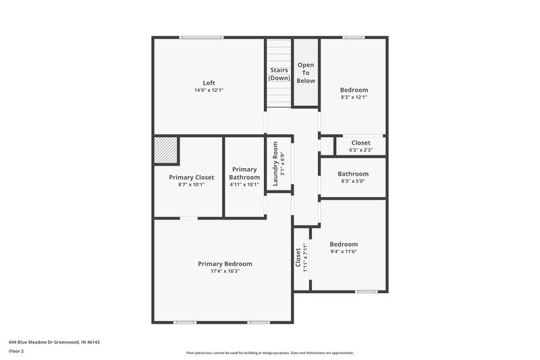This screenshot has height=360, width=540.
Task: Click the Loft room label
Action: point(209,83)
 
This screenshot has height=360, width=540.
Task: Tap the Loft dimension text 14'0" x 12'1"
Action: point(209,90)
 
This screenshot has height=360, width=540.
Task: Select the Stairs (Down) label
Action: point(279,74)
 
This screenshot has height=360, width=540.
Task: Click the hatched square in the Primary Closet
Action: point(165,151)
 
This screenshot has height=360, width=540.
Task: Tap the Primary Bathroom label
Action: point(244,173)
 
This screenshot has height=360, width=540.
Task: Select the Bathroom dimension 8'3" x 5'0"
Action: point(353,181)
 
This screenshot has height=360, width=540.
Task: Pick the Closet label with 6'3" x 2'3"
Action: point(360,143)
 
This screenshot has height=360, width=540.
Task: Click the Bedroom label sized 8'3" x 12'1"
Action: point(354,90)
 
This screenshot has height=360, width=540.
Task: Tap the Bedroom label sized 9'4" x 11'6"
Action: point(344,244)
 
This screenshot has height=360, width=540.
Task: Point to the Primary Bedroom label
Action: point(225,263)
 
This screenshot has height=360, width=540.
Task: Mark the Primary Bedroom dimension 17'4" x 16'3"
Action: point(225,271)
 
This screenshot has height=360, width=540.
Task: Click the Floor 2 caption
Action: point(16,351)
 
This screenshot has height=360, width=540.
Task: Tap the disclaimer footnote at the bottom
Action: point(269,353)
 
